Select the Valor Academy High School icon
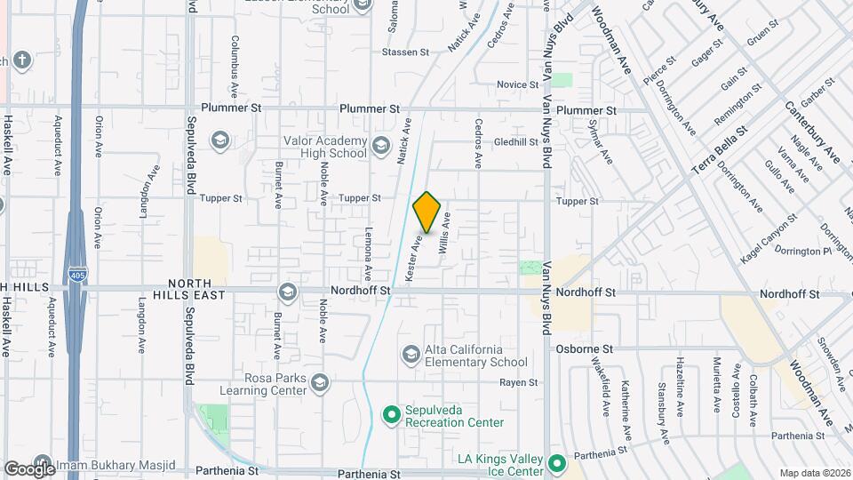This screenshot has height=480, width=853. click(x=380, y=145)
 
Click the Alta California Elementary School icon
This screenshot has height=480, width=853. click(x=410, y=356)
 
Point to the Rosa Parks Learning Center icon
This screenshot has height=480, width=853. click(x=320, y=383)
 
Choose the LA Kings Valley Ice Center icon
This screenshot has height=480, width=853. click(x=557, y=463)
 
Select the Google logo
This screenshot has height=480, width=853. click(x=28, y=468)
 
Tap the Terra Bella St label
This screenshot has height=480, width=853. click(x=719, y=148)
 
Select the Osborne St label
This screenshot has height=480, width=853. click(x=585, y=349)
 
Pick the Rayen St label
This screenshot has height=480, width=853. click(x=519, y=382)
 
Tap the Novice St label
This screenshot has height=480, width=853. click(x=512, y=84)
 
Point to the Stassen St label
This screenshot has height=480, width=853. click(x=405, y=52)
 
